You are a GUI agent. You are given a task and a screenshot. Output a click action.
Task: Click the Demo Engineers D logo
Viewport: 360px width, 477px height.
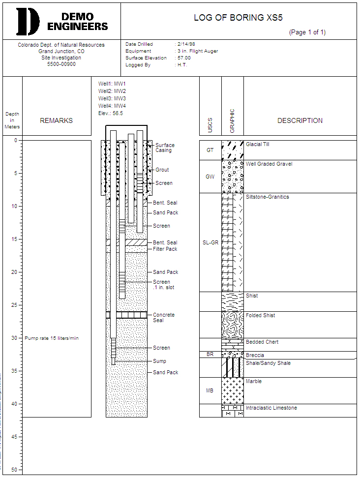tap(28, 21)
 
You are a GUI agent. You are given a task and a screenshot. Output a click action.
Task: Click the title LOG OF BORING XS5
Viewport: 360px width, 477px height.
tap(235, 18)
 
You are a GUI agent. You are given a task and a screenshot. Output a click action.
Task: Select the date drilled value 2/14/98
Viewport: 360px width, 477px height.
tap(187, 44)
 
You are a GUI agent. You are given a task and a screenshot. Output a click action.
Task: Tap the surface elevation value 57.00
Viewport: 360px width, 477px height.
tap(184, 58)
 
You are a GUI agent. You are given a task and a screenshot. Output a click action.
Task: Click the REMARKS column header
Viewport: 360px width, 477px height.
tap(56, 120)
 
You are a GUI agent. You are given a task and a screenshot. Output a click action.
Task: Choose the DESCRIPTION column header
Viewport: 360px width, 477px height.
tap(300, 120)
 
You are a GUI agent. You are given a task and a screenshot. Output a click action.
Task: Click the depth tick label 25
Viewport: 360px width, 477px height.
tap(14, 305)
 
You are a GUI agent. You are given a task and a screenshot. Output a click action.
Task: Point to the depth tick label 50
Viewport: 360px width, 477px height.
tap(14, 470)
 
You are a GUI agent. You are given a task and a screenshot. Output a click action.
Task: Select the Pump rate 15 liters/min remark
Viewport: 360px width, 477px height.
tap(52, 338)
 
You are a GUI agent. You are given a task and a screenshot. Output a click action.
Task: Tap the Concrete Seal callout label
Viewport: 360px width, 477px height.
tap(164, 318)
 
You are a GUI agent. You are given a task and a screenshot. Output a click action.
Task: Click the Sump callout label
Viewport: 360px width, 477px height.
tap(159, 361)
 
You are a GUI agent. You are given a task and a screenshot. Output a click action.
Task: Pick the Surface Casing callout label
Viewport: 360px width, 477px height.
tap(165, 148)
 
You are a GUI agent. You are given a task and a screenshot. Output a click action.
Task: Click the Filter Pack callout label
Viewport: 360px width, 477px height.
tap(165, 249)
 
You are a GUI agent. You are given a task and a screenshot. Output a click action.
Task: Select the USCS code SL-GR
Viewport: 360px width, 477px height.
tap(210, 242)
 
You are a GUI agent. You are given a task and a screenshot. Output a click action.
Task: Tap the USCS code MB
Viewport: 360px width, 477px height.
tap(210, 391)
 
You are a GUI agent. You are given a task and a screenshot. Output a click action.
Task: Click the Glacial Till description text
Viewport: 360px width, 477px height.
tap(257, 145)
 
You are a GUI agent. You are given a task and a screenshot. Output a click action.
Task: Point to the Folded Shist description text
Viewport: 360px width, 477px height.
tap(260, 315)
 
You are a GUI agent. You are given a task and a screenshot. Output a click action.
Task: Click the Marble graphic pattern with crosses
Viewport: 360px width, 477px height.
tap(233, 391)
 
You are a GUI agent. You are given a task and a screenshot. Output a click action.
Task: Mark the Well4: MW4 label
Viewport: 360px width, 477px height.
tap(112, 106)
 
